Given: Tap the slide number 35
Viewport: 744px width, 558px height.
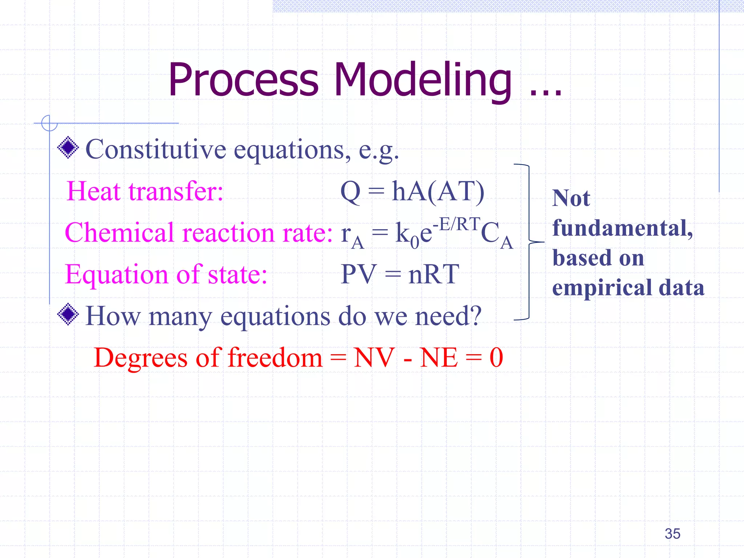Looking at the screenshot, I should tap(672, 534).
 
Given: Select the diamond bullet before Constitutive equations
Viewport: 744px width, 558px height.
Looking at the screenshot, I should tap(68, 148).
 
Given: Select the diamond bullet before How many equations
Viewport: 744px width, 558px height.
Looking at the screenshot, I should tap(68, 315).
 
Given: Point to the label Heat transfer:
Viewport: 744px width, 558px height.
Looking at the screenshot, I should tap(145, 191).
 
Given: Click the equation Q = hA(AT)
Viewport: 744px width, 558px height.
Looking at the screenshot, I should tap(412, 191).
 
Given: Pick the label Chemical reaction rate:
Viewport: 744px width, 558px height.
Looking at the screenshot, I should tap(198, 232).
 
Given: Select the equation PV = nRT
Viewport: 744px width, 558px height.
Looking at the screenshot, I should tap(400, 274).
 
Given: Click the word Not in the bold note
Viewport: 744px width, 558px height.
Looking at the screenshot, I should tap(571, 198).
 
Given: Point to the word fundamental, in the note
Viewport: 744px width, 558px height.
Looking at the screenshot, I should tap(622, 228).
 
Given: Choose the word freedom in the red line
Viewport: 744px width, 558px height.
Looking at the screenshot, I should tap(275, 357).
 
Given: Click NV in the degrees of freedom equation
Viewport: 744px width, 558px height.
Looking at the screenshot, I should tap(374, 357).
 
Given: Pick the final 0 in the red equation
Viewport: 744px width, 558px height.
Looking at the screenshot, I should tap(496, 357).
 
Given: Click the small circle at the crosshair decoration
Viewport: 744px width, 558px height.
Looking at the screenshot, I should tap(49, 123).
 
